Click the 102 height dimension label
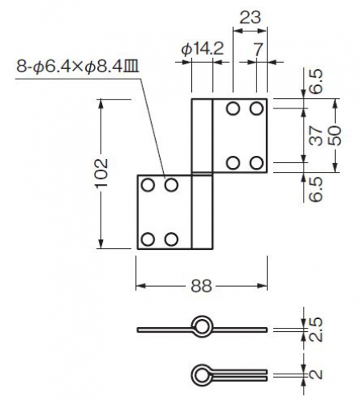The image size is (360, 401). coord(102,173)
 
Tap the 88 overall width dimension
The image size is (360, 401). coord(202,286)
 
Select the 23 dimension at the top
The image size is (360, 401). coord(250,18)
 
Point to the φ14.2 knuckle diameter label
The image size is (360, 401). coord(202,49)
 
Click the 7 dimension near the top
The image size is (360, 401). coord(258,50)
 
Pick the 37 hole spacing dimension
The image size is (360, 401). coord(317,136)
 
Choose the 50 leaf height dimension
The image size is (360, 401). coord(335,136)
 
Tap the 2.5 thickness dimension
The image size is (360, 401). coord(317,329)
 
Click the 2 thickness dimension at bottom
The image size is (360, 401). coord(317,374)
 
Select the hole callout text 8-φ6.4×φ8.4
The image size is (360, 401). coord(78,66)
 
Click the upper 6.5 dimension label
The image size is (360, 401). coord(317,81)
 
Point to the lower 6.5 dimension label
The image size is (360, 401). coord(317,189)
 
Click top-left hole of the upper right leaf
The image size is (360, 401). coord(233,108)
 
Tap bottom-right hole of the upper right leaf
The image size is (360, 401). coord(256,163)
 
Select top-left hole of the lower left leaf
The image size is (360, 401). coord(148,185)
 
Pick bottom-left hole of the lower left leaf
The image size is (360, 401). coord(148,239)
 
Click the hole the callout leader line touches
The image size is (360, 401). coord(171,185)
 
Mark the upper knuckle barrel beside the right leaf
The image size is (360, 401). coord(202,136)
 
